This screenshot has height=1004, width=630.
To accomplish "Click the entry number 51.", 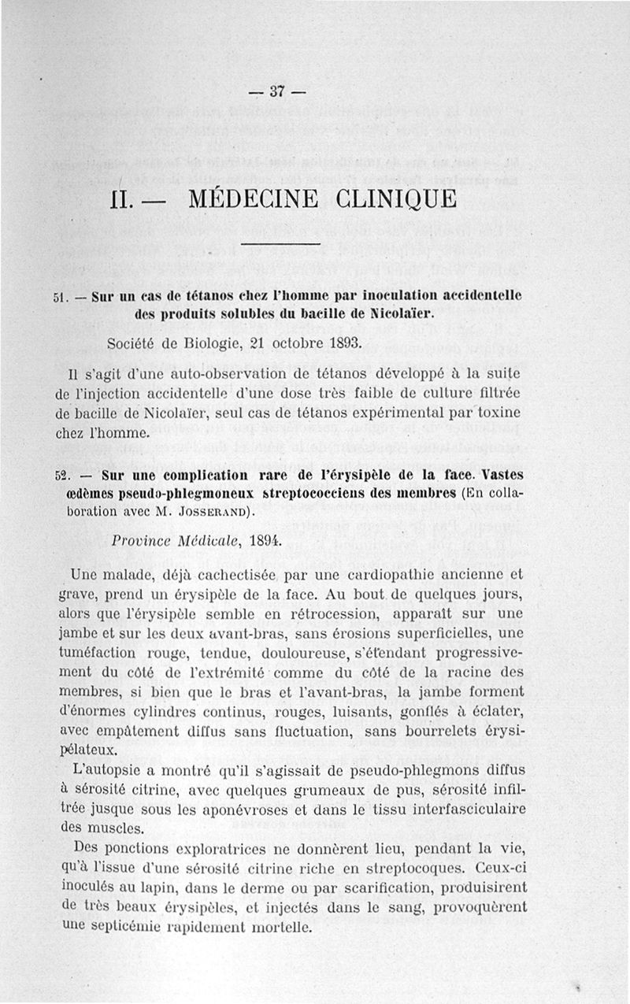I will [x=61, y=298].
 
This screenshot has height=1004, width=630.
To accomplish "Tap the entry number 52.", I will [x=61, y=476].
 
